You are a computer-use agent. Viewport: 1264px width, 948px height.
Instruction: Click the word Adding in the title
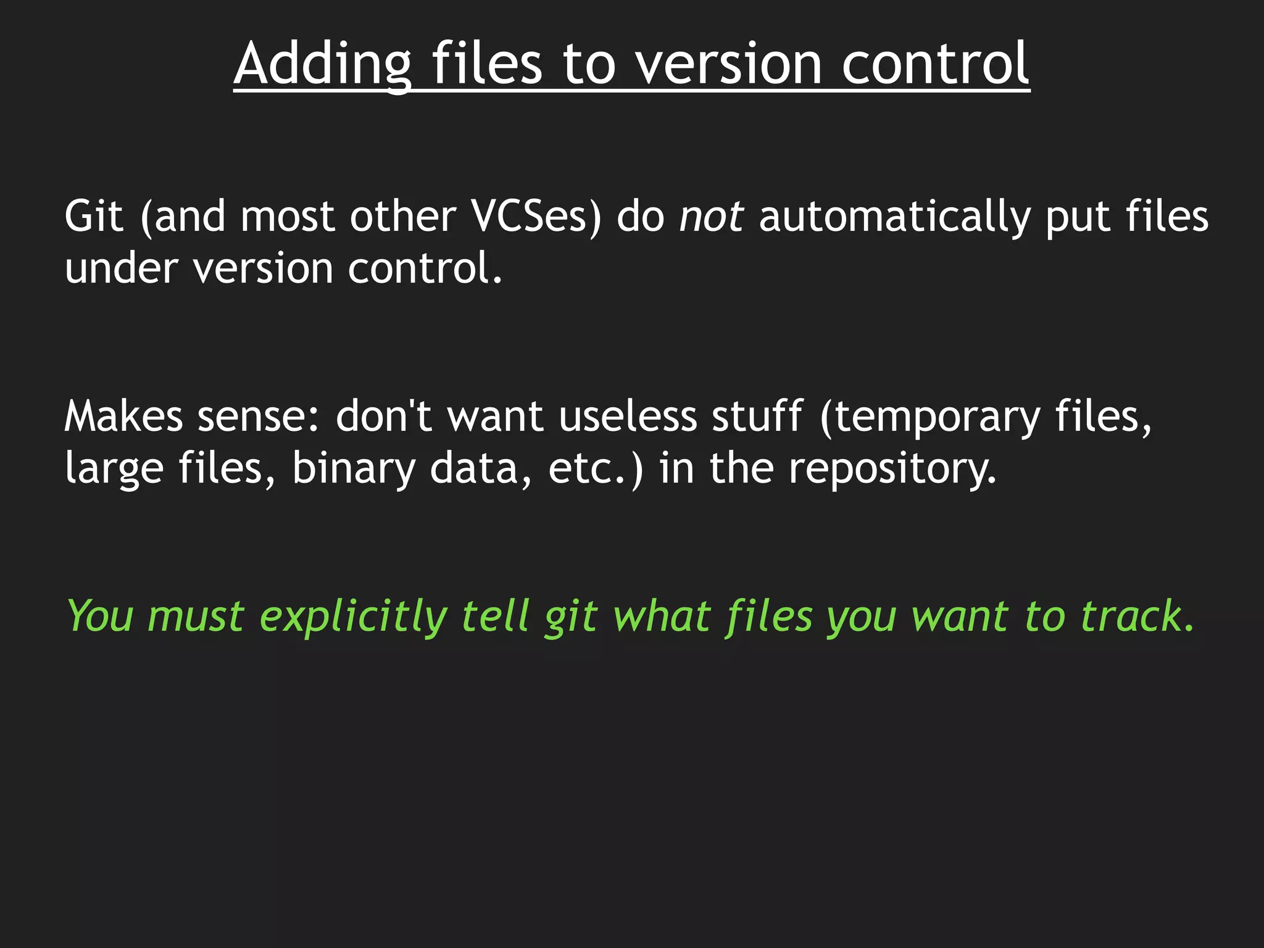tap(323, 64)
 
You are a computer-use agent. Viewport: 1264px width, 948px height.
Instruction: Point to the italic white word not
tap(711, 217)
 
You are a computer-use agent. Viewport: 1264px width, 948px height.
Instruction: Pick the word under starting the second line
tap(121, 268)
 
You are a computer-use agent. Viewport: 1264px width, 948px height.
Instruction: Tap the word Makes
tap(123, 416)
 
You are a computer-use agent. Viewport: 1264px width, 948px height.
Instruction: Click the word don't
tap(383, 416)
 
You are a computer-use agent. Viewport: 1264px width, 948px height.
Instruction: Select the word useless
tap(628, 416)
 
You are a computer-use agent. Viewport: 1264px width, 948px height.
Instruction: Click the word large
tap(114, 468)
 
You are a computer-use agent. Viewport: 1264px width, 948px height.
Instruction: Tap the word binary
tap(354, 468)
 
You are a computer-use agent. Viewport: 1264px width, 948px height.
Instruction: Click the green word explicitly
tap(352, 617)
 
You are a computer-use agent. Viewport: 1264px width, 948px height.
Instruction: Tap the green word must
tap(196, 617)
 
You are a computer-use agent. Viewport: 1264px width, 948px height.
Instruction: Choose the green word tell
tap(495, 617)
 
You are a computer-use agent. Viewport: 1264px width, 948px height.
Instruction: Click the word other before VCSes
tap(402, 217)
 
